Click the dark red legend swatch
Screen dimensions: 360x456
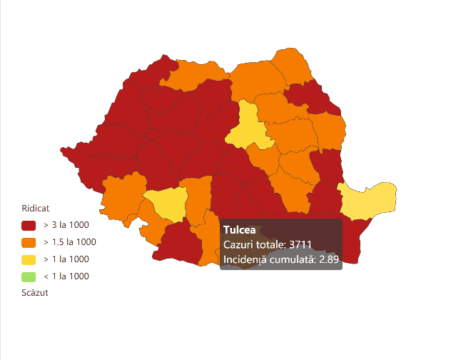coord(29,224)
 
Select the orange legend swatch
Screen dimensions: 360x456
coord(29,241)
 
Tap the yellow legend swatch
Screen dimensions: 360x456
coord(29,259)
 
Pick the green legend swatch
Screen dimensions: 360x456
coord(29,276)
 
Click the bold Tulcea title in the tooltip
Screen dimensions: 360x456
coord(240,230)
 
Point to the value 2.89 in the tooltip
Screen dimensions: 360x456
coord(329,259)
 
